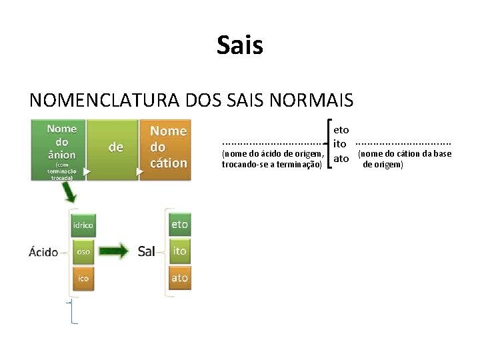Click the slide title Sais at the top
(240, 46)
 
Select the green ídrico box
(83, 225)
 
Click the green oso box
(83, 252)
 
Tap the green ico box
(83, 278)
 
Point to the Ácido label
(43, 252)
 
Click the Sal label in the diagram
(147, 251)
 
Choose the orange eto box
(179, 225)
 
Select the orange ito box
(179, 251)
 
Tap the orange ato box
(179, 277)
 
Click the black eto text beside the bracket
(341, 129)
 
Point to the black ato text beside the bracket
(341, 159)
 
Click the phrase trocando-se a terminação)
(272, 164)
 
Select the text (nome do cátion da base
(405, 154)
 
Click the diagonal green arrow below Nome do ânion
(69, 193)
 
